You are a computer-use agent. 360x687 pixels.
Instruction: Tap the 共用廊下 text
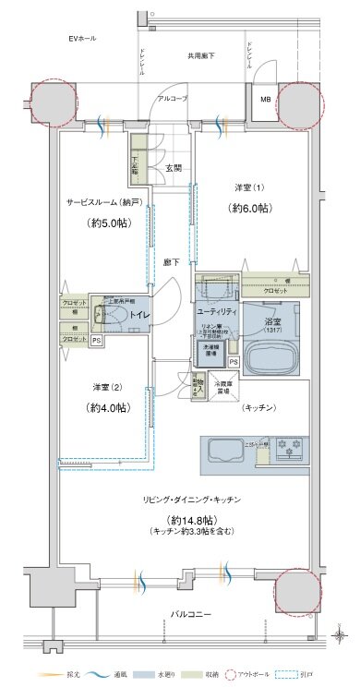[x=202, y=56]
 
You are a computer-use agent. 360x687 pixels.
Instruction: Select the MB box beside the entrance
[x=265, y=99]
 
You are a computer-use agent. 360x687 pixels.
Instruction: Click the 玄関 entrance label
[x=173, y=168]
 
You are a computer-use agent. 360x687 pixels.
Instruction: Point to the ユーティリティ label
[x=218, y=312]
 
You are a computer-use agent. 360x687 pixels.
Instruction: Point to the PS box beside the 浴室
[x=234, y=362]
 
